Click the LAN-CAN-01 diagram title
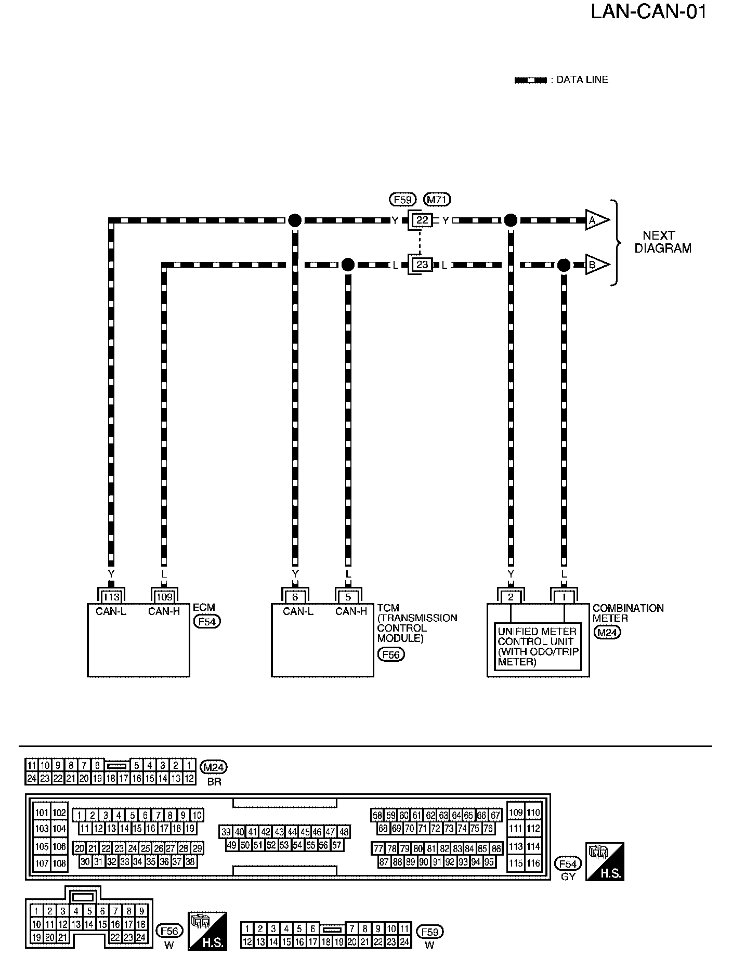648,11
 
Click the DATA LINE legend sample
530,81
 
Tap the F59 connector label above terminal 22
402,199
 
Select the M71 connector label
437,199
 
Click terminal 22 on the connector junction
422,220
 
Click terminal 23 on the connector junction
422,265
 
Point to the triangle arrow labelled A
597,220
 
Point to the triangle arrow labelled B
597,265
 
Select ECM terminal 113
111,597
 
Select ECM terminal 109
164,597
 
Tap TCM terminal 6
295,597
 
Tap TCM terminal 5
348,597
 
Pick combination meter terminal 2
511,597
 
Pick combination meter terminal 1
564,597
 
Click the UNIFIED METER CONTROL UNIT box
538,646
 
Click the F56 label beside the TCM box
390,654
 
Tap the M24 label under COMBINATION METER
608,632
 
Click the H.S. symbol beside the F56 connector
207,931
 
